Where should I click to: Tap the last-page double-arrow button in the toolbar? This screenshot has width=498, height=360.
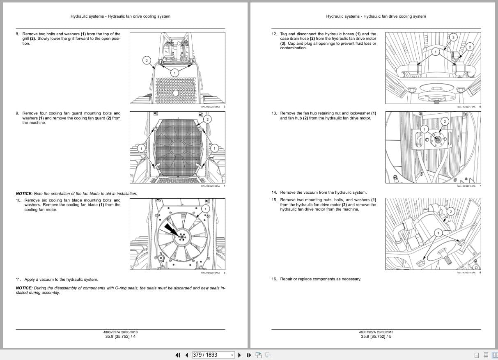pos(248,355)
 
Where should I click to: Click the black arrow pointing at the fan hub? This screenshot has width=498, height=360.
pos(170,229)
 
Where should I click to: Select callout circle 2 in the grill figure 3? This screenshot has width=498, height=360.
pos(147,60)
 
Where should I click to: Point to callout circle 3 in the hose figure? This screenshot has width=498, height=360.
pos(453,37)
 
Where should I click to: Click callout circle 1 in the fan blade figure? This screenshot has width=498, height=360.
pos(205,209)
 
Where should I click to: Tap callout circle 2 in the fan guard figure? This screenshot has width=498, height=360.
pos(207,119)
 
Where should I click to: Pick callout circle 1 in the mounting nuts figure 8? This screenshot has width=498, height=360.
pos(438,233)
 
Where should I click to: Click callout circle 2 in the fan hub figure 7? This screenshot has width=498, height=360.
pos(444,122)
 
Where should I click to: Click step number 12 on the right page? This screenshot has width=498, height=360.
pos(274,34)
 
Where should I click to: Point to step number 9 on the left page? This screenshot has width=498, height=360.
pos(17,113)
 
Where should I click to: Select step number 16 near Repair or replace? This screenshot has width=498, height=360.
pos(274,279)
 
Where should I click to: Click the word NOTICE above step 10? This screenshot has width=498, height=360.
pos(24,194)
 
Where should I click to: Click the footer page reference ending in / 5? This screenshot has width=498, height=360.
pos(376,337)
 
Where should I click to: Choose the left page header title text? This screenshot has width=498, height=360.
pos(120,16)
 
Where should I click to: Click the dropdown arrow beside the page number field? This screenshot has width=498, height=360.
pos(232,355)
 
